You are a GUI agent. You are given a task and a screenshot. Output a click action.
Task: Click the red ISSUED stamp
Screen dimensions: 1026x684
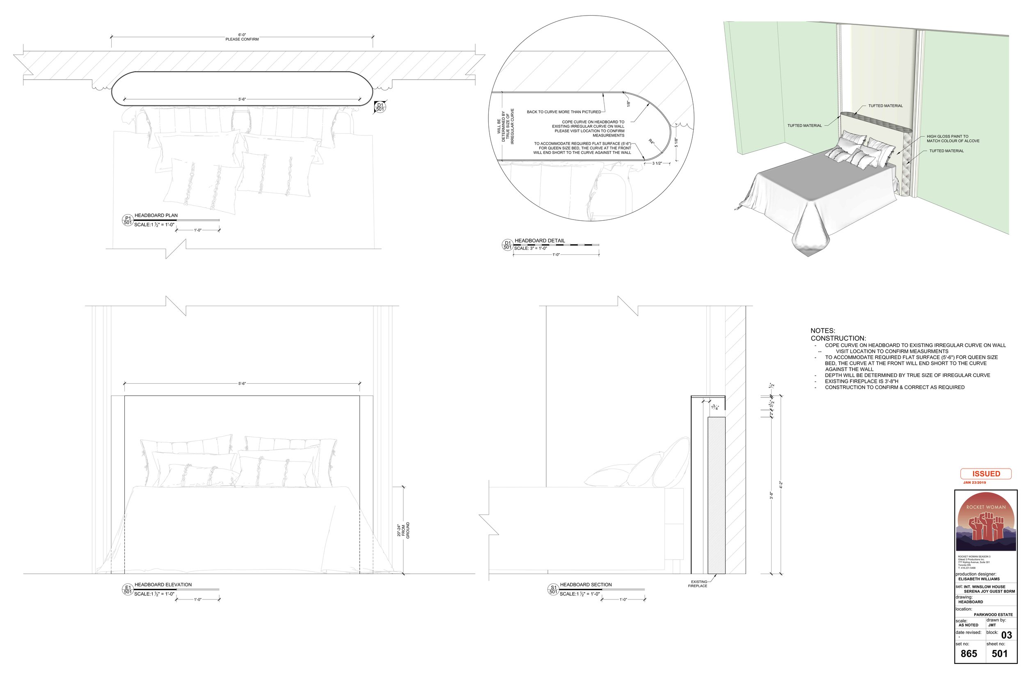click(x=985, y=474)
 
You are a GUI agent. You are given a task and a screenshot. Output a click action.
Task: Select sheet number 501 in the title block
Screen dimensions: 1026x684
click(x=999, y=654)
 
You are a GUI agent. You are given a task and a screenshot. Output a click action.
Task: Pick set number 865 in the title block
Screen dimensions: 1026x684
click(x=969, y=654)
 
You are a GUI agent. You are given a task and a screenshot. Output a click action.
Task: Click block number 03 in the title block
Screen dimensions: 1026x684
click(x=1006, y=635)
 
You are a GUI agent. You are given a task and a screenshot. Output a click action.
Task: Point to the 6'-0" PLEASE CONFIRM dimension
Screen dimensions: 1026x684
click(x=242, y=37)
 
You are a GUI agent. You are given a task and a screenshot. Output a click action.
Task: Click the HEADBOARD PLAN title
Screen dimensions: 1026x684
click(x=156, y=215)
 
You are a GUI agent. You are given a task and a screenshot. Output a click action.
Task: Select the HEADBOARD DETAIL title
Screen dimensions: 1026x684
click(x=540, y=241)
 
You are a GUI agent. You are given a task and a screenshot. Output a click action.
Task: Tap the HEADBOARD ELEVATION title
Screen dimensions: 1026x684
click(x=163, y=585)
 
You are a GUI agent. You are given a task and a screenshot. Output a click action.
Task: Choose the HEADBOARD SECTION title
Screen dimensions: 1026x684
click(x=586, y=585)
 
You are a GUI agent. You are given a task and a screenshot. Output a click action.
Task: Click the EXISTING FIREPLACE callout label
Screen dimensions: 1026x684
click(x=699, y=583)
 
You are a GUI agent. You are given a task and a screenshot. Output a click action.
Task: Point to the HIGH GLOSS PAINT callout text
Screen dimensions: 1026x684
click(x=953, y=139)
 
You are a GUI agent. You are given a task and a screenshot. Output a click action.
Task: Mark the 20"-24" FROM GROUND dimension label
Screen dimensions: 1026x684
click(x=403, y=530)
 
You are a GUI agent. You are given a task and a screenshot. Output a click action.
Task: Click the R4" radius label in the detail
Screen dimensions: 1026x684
click(x=651, y=142)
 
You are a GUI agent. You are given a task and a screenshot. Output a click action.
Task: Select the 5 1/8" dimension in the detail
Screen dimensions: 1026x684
click(x=676, y=142)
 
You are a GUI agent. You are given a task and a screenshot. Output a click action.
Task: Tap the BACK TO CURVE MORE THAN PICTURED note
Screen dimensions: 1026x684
click(x=563, y=112)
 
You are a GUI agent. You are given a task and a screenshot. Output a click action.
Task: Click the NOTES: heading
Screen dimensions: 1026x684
click(x=823, y=331)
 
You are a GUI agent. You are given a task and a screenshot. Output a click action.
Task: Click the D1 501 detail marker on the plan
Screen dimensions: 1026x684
click(x=380, y=107)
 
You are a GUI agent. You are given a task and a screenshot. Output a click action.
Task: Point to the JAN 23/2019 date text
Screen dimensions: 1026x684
click(x=975, y=483)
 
